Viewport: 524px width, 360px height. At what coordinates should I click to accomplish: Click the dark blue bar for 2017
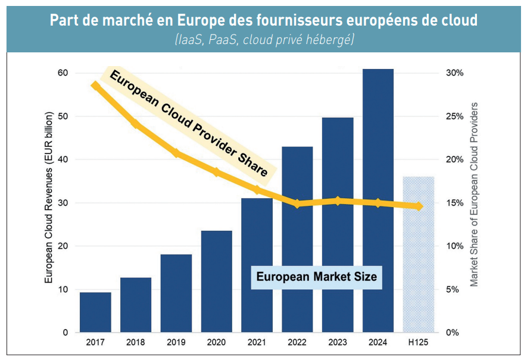95,312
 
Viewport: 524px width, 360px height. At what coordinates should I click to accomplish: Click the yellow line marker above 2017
95,85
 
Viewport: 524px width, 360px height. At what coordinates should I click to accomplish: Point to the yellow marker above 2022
297,204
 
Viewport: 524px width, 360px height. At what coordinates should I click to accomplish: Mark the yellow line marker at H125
419,206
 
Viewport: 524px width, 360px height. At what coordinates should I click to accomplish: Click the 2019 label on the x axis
176,342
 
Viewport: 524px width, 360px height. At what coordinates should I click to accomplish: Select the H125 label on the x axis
419,342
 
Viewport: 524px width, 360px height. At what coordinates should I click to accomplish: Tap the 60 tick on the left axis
63,73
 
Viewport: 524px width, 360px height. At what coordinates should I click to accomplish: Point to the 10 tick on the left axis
63,290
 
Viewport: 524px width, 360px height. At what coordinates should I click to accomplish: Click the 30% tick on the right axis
454,73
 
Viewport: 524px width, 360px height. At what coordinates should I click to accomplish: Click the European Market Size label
316,277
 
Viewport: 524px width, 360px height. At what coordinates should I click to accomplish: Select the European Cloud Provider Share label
189,124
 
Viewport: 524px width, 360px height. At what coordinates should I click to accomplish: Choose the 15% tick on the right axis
454,203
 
